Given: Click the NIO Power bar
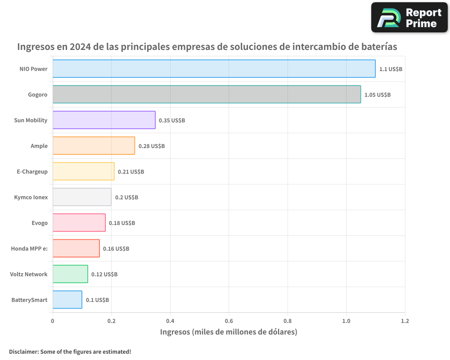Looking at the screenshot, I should coord(214,69).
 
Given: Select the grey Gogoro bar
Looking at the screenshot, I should coord(207,94).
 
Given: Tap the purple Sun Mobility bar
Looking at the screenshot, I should coord(104,120).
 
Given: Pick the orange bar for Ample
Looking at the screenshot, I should coord(94,146).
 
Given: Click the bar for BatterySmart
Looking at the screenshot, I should coord(67,300).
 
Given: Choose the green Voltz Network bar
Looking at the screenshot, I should coord(70,274).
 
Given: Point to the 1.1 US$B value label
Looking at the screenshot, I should coord(391,69).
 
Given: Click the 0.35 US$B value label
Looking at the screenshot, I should coord(172,121).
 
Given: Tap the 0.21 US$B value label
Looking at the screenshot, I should coord(131,172).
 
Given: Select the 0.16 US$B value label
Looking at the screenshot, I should coord(116,249).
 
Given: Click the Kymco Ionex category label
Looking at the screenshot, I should coord(31,198).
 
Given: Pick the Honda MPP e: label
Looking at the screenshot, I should coord(29,249).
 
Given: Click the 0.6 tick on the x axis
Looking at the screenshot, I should coord(229,321).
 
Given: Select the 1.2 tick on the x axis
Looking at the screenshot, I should coord(405,321).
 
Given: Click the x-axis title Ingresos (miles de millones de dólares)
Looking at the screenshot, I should coord(229,332).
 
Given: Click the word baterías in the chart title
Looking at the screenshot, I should coord(376,47).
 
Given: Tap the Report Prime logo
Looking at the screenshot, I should coord(409,18).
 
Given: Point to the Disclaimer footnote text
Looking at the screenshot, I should coord(70,351).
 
